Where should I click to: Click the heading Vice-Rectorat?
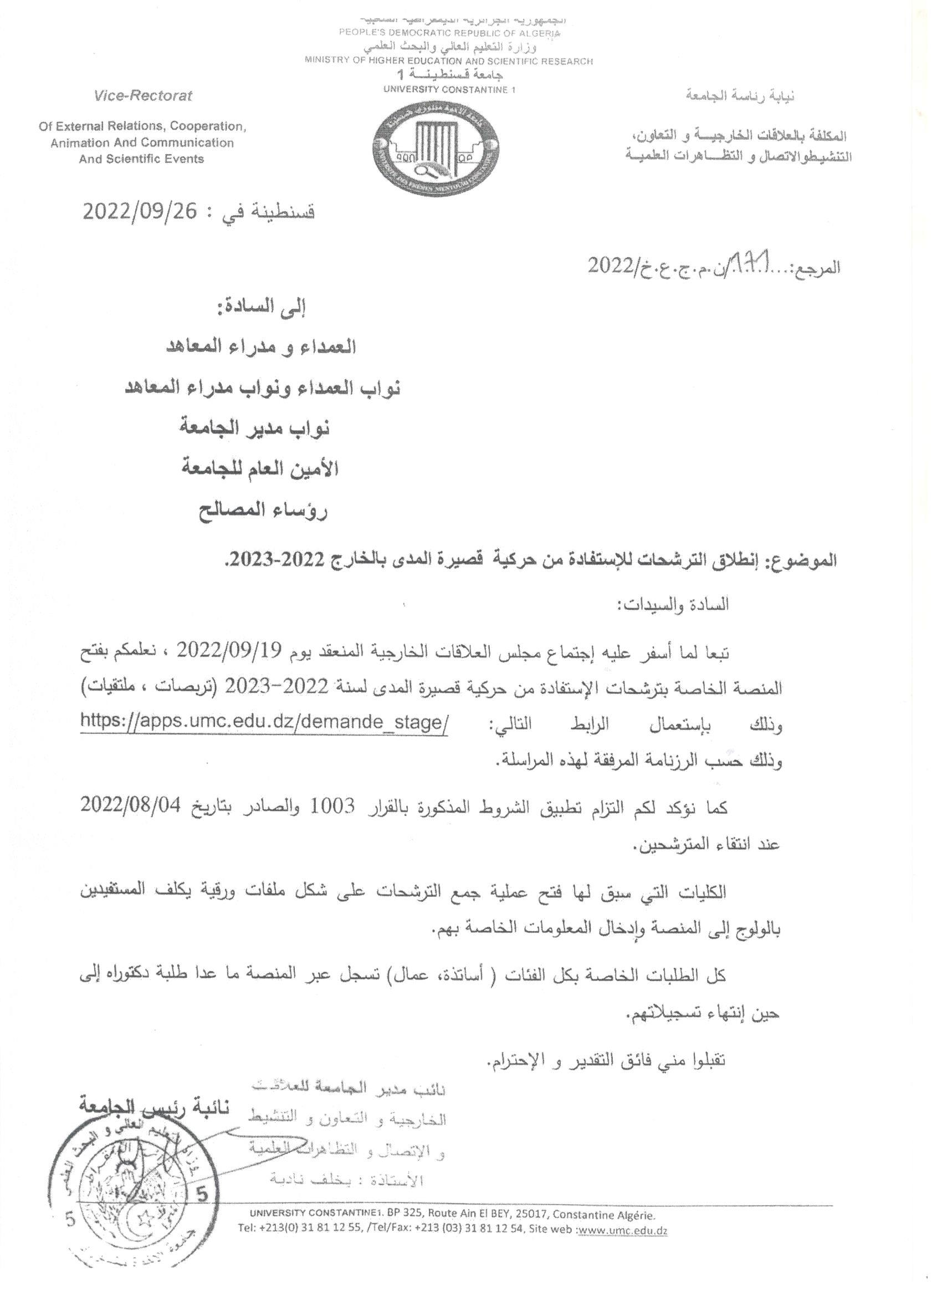[144, 95]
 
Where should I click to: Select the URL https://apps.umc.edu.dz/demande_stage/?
[264, 722]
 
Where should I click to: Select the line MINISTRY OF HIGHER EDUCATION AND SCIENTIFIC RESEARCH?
[448, 60]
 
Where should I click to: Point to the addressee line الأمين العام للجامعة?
[260, 469]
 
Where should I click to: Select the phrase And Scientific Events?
[141, 159]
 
